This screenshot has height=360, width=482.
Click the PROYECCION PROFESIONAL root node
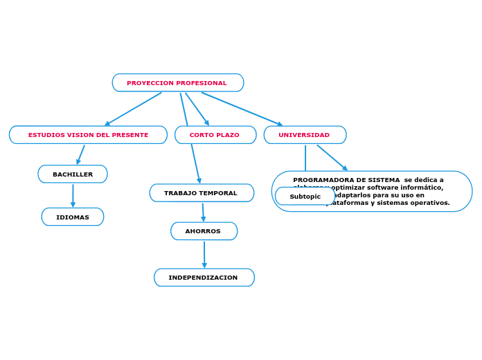coord(177,83)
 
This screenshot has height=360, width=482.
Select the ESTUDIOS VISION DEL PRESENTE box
coord(88,135)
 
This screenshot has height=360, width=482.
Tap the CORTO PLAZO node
coord(215,135)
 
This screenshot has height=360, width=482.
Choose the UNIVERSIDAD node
coord(304,135)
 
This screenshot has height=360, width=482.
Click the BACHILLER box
coord(73,174)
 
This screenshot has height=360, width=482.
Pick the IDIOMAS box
coord(73,217)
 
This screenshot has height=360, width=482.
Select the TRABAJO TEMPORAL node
coord(201,193)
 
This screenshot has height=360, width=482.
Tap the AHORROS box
coord(203,231)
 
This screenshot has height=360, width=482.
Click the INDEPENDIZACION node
coord(204,278)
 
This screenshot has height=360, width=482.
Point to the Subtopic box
coord(305,197)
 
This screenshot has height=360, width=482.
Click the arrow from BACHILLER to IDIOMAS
coord(73,195)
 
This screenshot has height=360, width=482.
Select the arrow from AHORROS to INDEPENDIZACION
coord(204,254)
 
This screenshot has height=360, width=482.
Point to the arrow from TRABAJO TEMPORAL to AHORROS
coord(203,212)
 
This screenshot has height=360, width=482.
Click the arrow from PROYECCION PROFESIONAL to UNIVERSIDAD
coord(242,109)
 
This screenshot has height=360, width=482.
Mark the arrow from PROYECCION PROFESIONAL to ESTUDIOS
coord(133,109)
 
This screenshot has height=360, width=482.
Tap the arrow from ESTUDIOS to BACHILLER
coord(81,154)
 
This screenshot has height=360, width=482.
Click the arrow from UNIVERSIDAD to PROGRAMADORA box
coord(332,157)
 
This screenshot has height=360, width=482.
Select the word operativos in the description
coord(430,203)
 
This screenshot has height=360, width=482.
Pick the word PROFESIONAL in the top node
coord(202,83)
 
